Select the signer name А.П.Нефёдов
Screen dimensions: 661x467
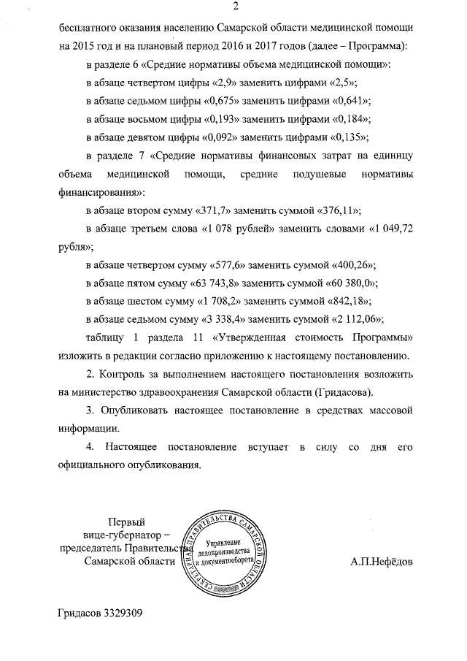point(380,562)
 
